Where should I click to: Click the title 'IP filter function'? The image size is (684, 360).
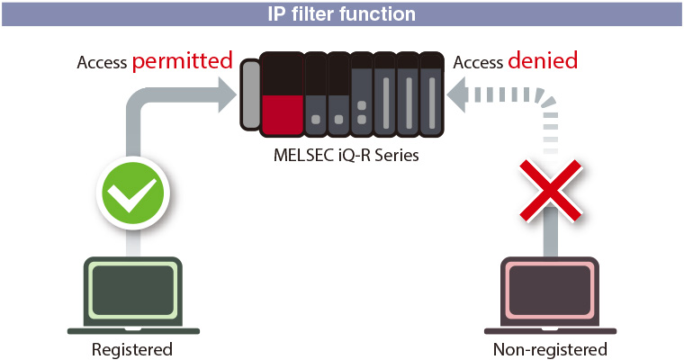pyautogui.click(x=342, y=14)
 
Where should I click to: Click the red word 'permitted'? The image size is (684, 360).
pyautogui.click(x=183, y=62)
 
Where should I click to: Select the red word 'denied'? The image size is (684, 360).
pyautogui.click(x=543, y=62)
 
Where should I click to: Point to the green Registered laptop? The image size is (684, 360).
pyautogui.click(x=132, y=296)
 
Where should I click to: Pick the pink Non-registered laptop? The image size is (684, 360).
pyautogui.click(x=550, y=296)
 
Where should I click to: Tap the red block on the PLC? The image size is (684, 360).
pyautogui.click(x=281, y=112)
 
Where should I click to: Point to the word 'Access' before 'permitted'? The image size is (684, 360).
pyautogui.click(x=102, y=63)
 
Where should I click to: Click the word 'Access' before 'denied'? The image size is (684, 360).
pyautogui.click(x=477, y=63)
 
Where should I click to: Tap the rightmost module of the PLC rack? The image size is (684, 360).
pyautogui.click(x=433, y=94)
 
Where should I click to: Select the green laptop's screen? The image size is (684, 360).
pyautogui.click(x=132, y=289)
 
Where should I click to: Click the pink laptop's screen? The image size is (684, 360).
pyautogui.click(x=550, y=289)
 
